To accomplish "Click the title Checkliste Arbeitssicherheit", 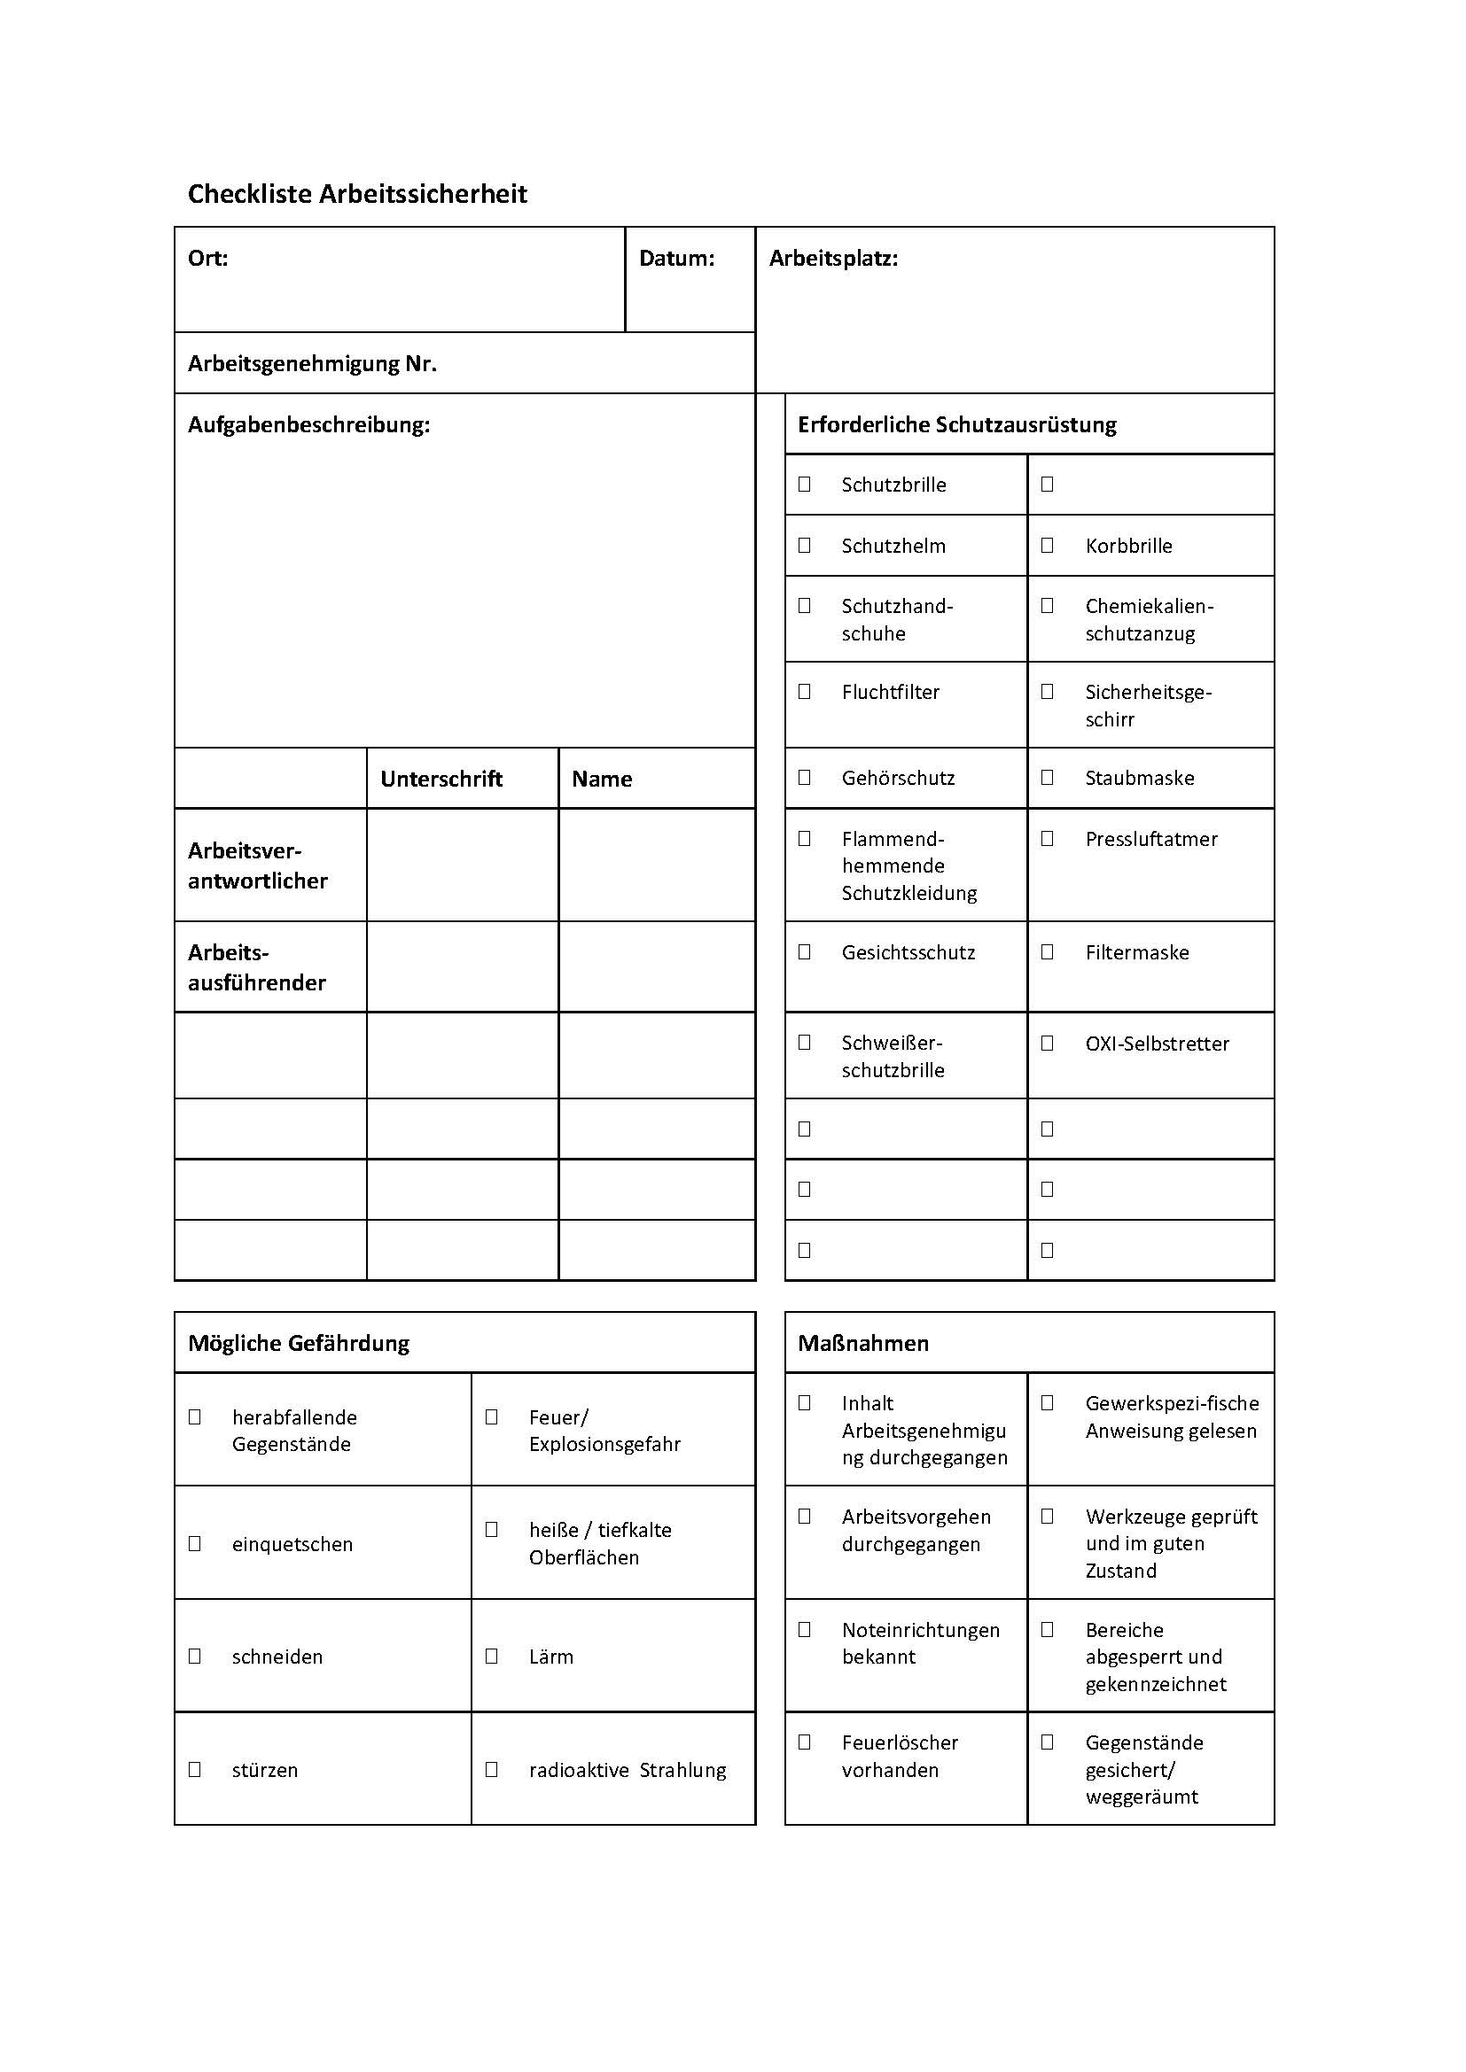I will point(356,194).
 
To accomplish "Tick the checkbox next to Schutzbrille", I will point(804,485).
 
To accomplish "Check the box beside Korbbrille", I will point(1047,545).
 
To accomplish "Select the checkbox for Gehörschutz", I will point(804,777).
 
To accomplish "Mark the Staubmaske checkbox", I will point(1047,777).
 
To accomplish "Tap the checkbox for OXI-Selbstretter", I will point(1047,1044).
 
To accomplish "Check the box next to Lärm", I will point(492,1656).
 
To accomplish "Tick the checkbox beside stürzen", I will point(194,1770).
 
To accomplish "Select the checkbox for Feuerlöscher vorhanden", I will point(804,1742).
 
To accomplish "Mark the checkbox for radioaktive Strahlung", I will point(492,1770).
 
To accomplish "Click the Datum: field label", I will point(676,259).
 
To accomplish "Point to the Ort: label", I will point(207,259).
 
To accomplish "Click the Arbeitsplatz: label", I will point(833,259).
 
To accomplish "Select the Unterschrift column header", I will point(441,779).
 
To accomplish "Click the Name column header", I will point(602,779).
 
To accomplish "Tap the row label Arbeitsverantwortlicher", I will point(258,865).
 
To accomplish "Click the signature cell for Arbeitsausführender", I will point(462,966).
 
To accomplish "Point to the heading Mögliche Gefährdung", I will point(299,1343).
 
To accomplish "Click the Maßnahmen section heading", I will point(863,1343).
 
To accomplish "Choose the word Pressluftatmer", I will point(1151,839).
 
